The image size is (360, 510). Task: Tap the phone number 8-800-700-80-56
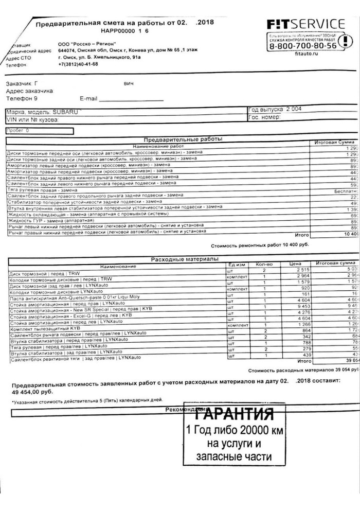(x=303, y=46)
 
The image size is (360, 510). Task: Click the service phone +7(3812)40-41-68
(x=78, y=64)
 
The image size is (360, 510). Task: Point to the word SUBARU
(x=66, y=112)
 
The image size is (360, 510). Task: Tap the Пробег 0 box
(x=39, y=131)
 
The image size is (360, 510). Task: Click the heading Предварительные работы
(x=182, y=139)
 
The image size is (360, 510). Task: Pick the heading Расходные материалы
(x=184, y=259)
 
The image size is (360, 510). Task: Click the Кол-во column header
(x=264, y=265)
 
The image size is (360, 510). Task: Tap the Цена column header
(x=295, y=263)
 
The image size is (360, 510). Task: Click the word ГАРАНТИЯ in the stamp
(x=234, y=414)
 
